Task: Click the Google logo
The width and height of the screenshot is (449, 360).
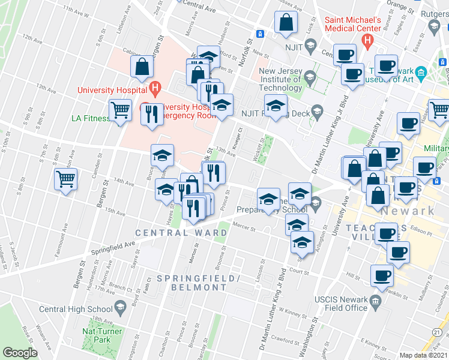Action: point(20,352)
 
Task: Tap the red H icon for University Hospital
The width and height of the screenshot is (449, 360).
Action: point(155,90)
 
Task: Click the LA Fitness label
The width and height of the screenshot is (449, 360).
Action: point(91,118)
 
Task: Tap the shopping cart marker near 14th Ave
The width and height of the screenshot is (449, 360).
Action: point(65,179)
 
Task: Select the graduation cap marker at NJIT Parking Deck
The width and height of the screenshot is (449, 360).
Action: point(275,107)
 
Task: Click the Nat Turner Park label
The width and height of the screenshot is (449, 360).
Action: point(102,335)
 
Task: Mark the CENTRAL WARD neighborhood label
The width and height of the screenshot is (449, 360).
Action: point(172,233)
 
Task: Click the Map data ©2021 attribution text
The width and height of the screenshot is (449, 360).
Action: point(423,355)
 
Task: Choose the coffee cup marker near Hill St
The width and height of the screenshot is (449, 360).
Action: point(382,276)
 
